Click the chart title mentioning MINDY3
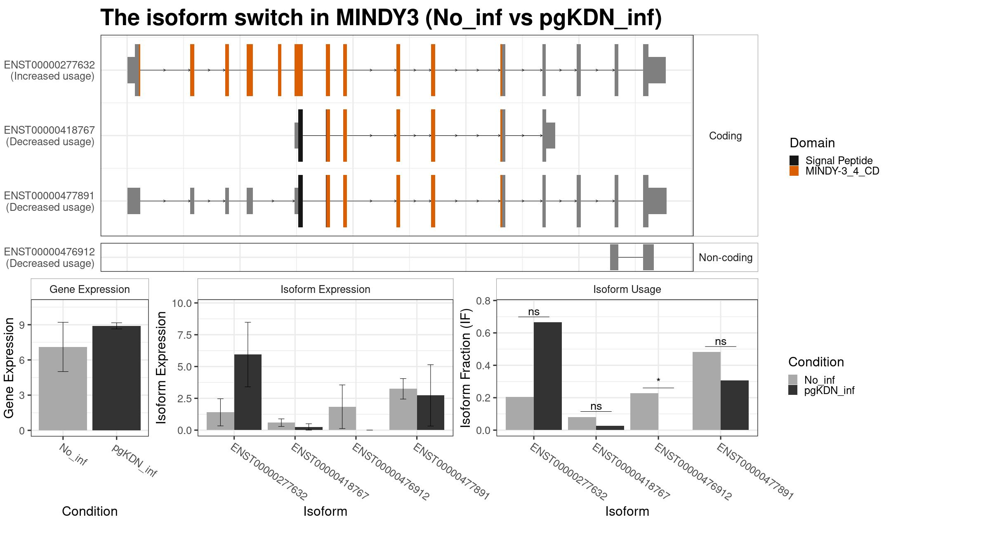tap(381, 18)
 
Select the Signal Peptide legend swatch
tap(794, 160)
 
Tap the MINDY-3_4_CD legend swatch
tap(794, 171)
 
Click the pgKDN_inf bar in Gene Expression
tap(116, 378)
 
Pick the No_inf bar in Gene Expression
tap(63, 389)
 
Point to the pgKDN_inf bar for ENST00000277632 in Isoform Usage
tap(548, 376)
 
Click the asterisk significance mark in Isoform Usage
tap(658, 381)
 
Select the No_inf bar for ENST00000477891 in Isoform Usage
tap(707, 391)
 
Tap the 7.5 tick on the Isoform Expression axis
tap(182, 335)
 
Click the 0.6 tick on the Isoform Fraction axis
tap(483, 333)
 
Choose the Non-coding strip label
tap(726, 257)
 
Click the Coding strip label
tap(726, 136)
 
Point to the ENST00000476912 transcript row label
tap(49, 257)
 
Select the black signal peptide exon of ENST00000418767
tap(300, 135)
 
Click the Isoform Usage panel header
tap(627, 289)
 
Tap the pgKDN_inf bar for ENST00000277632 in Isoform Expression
tap(248, 392)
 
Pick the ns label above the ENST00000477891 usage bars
tap(721, 342)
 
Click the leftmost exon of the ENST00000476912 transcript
tap(614, 257)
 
